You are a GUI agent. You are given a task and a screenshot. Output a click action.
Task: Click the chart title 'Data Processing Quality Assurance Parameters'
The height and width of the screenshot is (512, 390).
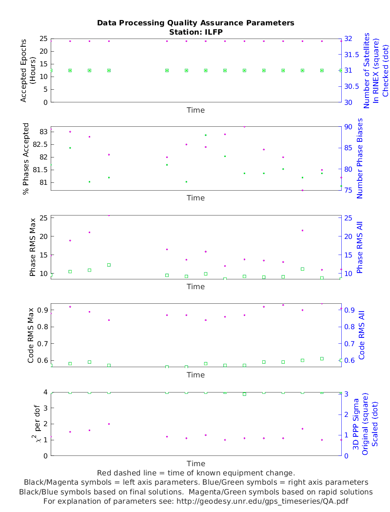(195, 23)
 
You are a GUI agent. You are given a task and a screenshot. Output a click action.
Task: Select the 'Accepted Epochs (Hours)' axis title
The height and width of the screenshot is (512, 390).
(28, 70)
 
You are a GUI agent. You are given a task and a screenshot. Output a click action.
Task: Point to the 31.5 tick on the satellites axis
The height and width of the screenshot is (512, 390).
(351, 54)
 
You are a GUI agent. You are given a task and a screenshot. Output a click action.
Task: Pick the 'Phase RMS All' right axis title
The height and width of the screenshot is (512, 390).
(360, 247)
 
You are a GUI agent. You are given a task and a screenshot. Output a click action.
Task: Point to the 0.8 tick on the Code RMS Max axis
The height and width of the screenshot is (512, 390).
(41, 327)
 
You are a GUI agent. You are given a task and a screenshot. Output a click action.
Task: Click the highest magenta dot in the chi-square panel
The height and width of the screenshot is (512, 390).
(109, 424)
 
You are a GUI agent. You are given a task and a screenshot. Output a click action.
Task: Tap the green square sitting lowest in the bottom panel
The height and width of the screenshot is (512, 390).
(244, 394)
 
